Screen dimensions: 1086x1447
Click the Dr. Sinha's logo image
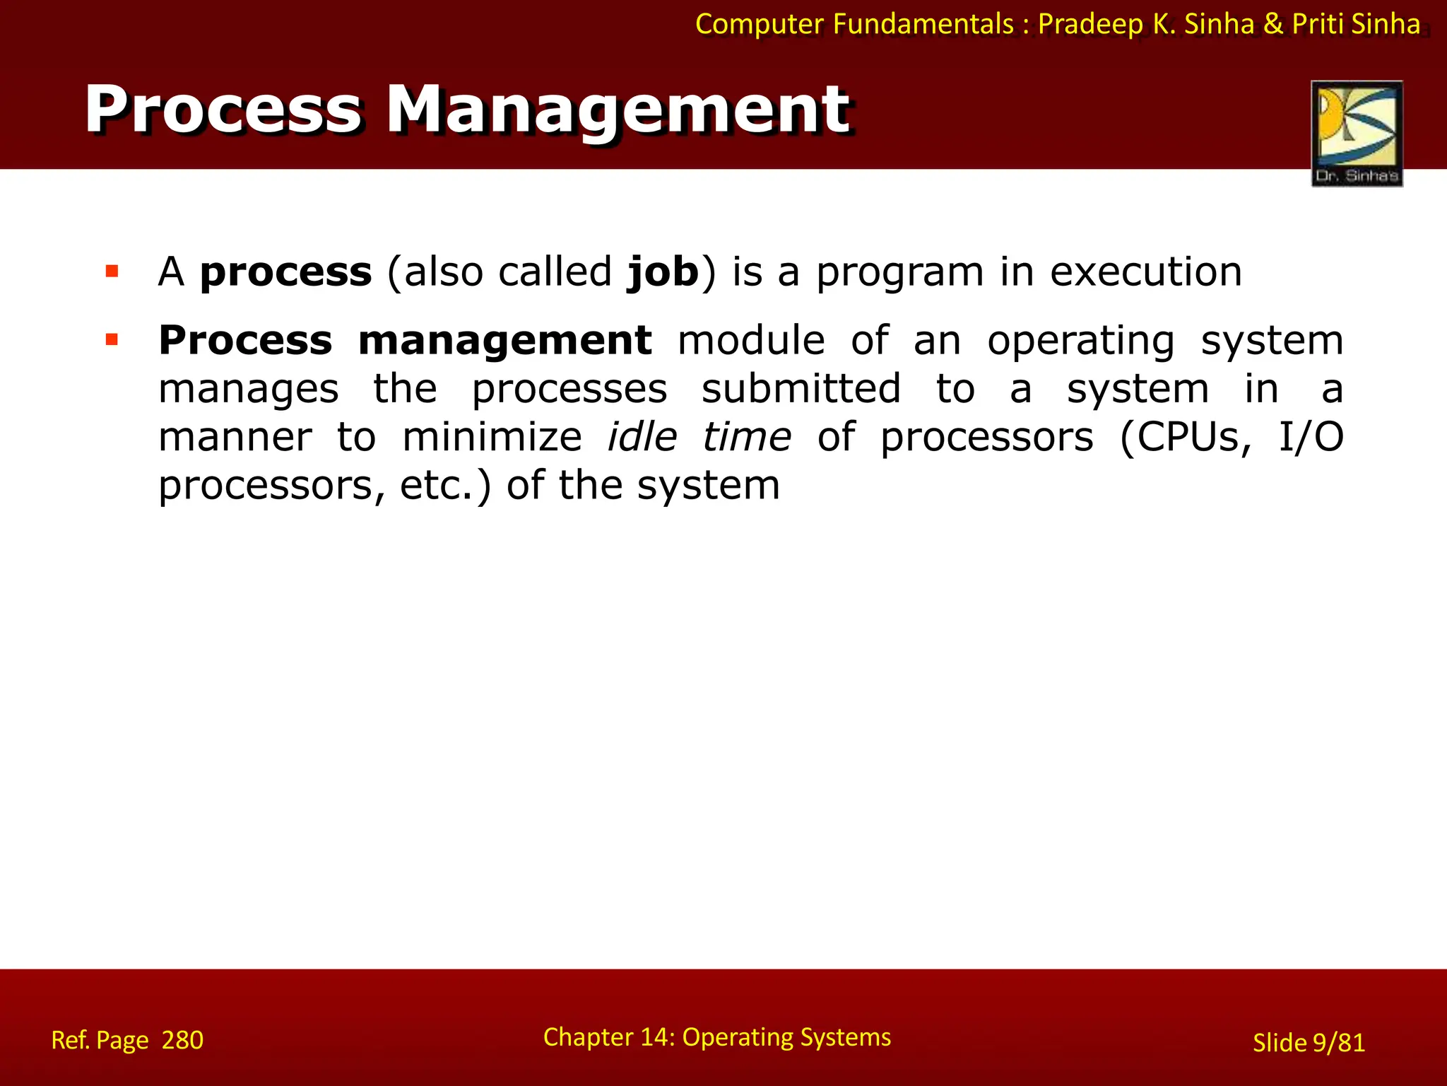click(x=1357, y=133)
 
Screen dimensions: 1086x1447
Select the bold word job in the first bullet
click(x=663, y=273)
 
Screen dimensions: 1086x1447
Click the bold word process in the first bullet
click(x=285, y=273)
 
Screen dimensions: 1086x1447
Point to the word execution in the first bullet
click(x=1145, y=271)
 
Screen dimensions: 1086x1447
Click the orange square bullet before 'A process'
click(x=112, y=271)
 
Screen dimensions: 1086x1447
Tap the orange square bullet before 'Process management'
click(x=112, y=340)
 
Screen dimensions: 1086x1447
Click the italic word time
click(x=747, y=437)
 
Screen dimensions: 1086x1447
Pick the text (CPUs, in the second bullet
click(x=1186, y=438)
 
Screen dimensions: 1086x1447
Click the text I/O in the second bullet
click(x=1311, y=437)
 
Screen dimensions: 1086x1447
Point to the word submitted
click(x=801, y=389)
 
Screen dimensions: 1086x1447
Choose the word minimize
click(x=492, y=437)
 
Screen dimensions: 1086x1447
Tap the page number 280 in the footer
click(x=182, y=1040)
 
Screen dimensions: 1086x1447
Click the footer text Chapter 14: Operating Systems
click(x=716, y=1037)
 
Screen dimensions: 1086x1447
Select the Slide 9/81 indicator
click(x=1309, y=1042)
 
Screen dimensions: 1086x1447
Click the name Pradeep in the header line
click(x=1090, y=24)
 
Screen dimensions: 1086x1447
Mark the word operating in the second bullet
click(x=1080, y=341)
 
